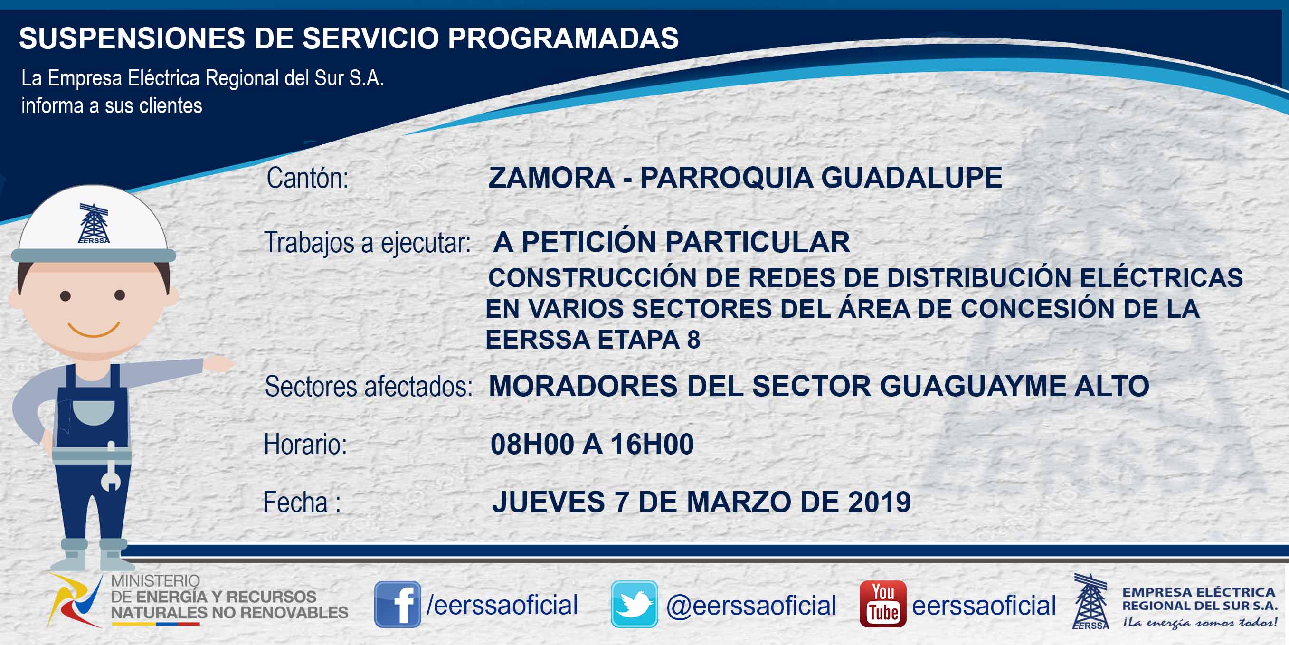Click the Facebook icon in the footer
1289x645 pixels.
[398, 604]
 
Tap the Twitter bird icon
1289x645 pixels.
[634, 604]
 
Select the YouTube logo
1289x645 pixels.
[882, 604]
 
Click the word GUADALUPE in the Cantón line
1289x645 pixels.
[912, 178]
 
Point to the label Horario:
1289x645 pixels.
[305, 445]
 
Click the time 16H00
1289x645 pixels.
[652, 445]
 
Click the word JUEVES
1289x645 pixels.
[549, 502]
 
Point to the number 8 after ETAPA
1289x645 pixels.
[693, 340]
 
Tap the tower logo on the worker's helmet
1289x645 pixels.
[94, 223]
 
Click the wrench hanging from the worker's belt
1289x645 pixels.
[111, 467]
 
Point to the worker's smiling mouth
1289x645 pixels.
[94, 330]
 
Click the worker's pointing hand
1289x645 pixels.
[218, 364]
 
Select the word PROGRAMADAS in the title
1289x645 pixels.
[563, 38]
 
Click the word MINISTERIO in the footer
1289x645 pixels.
[155, 580]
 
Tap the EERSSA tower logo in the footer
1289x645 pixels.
[1090, 601]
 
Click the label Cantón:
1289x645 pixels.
[307, 178]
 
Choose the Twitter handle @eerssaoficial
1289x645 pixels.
[750, 606]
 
